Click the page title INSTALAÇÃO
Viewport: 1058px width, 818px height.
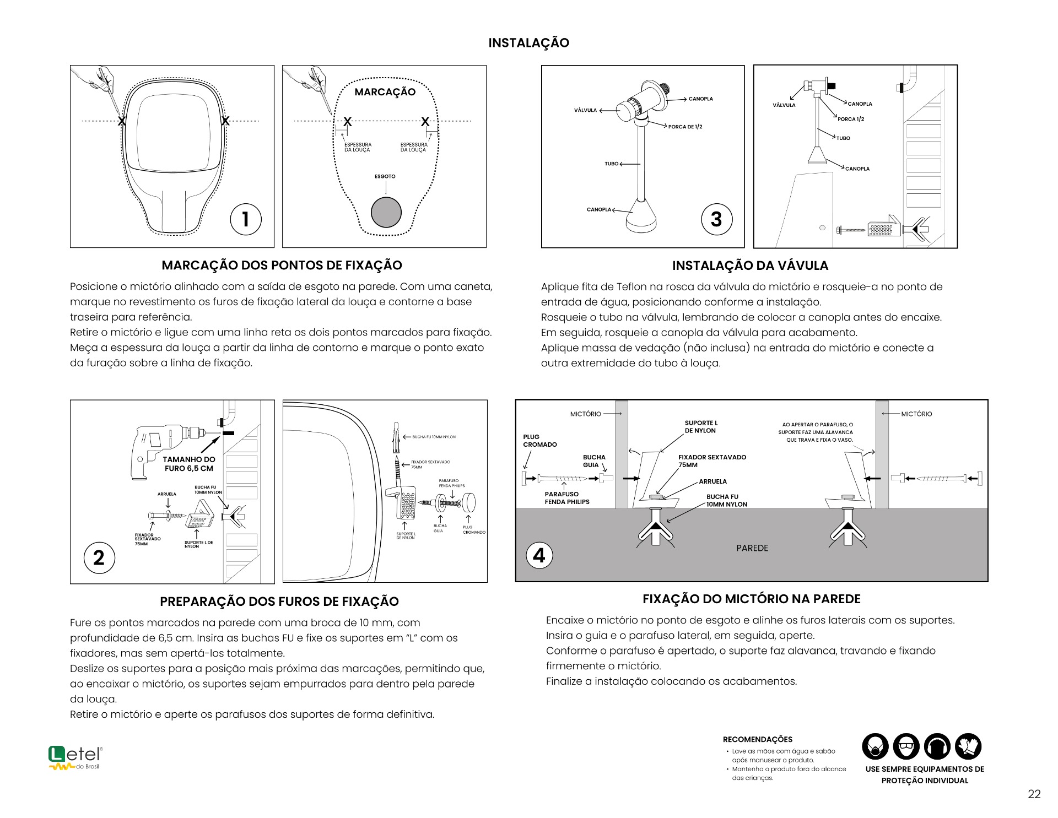(528, 42)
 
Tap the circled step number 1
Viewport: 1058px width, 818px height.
(245, 219)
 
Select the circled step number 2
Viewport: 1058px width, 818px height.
(99, 557)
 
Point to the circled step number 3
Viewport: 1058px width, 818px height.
(716, 219)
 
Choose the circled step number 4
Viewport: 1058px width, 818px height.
(539, 555)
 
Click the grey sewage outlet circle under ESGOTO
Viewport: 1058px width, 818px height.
(386, 212)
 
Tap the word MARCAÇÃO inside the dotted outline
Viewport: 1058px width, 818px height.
(385, 92)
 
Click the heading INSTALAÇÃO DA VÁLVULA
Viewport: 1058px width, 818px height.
(750, 266)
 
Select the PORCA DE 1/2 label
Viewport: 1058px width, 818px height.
(685, 127)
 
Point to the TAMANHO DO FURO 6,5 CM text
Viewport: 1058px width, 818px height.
(189, 464)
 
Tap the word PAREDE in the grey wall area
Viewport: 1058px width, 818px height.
(752, 548)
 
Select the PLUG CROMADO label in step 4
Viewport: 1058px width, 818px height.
(539, 441)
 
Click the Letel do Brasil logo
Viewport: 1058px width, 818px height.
(75, 758)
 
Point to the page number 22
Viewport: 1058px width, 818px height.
(1034, 794)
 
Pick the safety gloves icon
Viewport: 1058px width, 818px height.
(968, 747)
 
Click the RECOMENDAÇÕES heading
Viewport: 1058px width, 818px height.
(758, 739)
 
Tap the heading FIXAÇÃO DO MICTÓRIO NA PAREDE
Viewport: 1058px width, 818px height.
(751, 599)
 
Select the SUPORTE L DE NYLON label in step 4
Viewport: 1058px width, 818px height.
(701, 427)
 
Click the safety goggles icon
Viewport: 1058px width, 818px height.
(906, 747)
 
